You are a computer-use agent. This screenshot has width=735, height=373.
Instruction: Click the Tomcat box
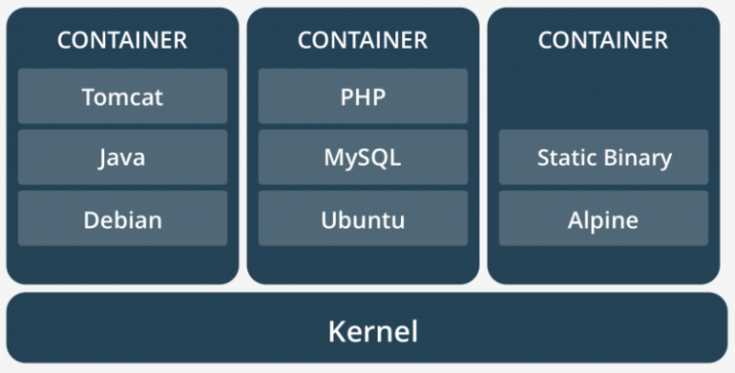point(122,97)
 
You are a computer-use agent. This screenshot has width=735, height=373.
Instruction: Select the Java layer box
point(122,158)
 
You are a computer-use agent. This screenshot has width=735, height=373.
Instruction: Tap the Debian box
point(122,219)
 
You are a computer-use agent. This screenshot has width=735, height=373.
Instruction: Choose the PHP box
point(363,97)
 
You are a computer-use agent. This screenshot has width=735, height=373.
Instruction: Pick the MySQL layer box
point(363,158)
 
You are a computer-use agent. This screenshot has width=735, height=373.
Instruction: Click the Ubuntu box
point(363,219)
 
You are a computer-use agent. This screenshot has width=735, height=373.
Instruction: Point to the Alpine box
point(603,219)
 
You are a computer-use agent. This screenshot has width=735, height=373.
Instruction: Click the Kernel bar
point(367,332)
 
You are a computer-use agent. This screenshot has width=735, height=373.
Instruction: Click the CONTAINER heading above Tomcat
point(122,40)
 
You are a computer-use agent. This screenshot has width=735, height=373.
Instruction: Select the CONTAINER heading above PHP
point(363,40)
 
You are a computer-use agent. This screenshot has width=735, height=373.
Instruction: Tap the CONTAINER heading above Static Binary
point(603,40)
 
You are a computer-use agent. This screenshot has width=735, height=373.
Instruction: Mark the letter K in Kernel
point(335,332)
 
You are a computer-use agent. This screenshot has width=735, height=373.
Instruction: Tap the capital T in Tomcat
point(88,97)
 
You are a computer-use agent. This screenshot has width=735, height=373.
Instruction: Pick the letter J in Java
point(102,158)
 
